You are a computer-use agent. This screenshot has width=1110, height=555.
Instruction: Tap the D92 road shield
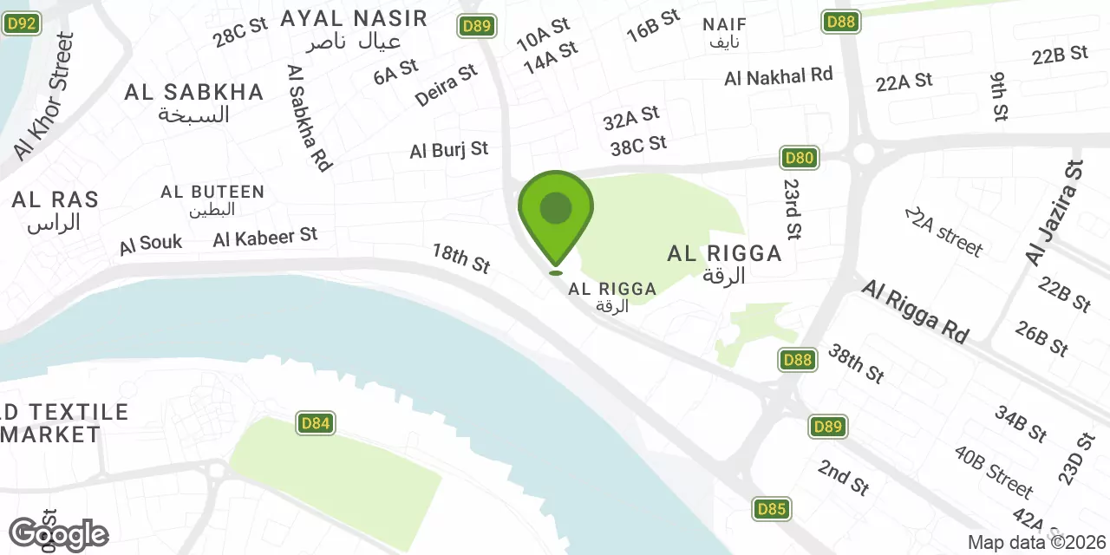(x=21, y=23)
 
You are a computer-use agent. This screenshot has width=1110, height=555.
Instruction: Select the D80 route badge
(x=799, y=158)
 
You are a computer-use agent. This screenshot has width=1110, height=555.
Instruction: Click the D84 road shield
(x=316, y=423)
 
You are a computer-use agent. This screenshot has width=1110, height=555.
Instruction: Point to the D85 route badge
(x=771, y=509)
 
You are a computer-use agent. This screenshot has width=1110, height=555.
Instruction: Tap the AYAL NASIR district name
(x=354, y=18)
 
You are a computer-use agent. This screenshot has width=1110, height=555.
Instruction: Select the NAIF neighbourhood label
(x=725, y=23)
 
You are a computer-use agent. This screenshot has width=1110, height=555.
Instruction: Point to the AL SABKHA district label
(x=193, y=93)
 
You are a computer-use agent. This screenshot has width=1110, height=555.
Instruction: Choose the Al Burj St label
(x=449, y=150)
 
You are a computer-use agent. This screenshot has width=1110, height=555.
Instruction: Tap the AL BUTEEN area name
(x=212, y=192)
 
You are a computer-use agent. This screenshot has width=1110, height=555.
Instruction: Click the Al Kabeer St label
(x=265, y=237)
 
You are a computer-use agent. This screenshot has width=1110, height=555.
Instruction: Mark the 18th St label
(x=461, y=258)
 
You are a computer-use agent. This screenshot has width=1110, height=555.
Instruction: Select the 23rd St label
(x=792, y=209)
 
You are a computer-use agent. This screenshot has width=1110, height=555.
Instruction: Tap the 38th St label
(x=855, y=362)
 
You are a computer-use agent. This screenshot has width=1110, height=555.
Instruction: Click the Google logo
(x=58, y=534)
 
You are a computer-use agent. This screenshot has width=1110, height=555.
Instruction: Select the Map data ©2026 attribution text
(x=1037, y=543)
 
